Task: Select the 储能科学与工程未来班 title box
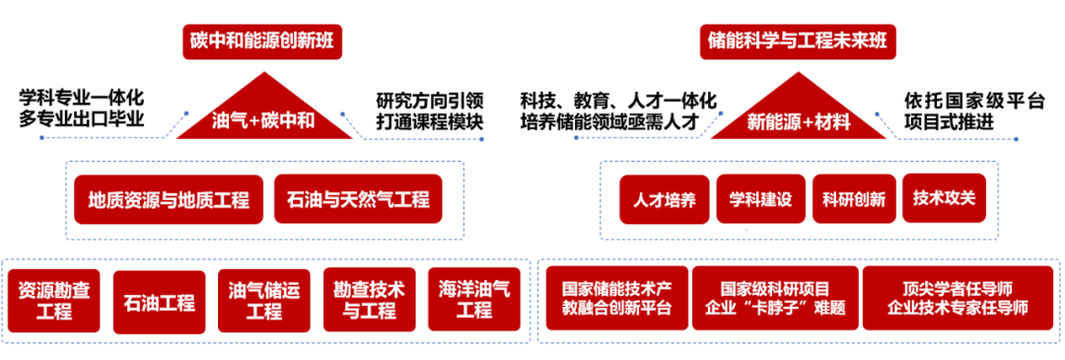[799, 41]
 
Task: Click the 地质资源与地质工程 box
[162, 199]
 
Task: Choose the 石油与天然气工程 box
[359, 199]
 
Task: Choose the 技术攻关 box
[944, 199]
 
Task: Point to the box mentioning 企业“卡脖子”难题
[775, 298]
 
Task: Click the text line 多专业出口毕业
[81, 120]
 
